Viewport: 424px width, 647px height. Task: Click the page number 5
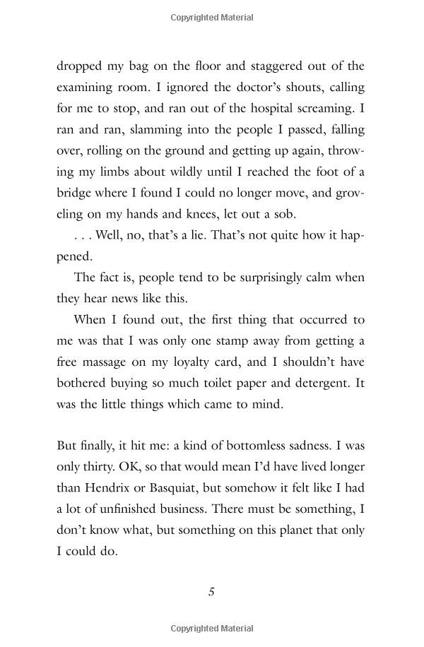[211, 592]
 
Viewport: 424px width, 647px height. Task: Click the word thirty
[102, 467]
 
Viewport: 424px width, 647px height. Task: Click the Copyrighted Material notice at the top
[211, 17]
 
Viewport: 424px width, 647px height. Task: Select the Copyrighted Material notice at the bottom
[211, 629]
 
